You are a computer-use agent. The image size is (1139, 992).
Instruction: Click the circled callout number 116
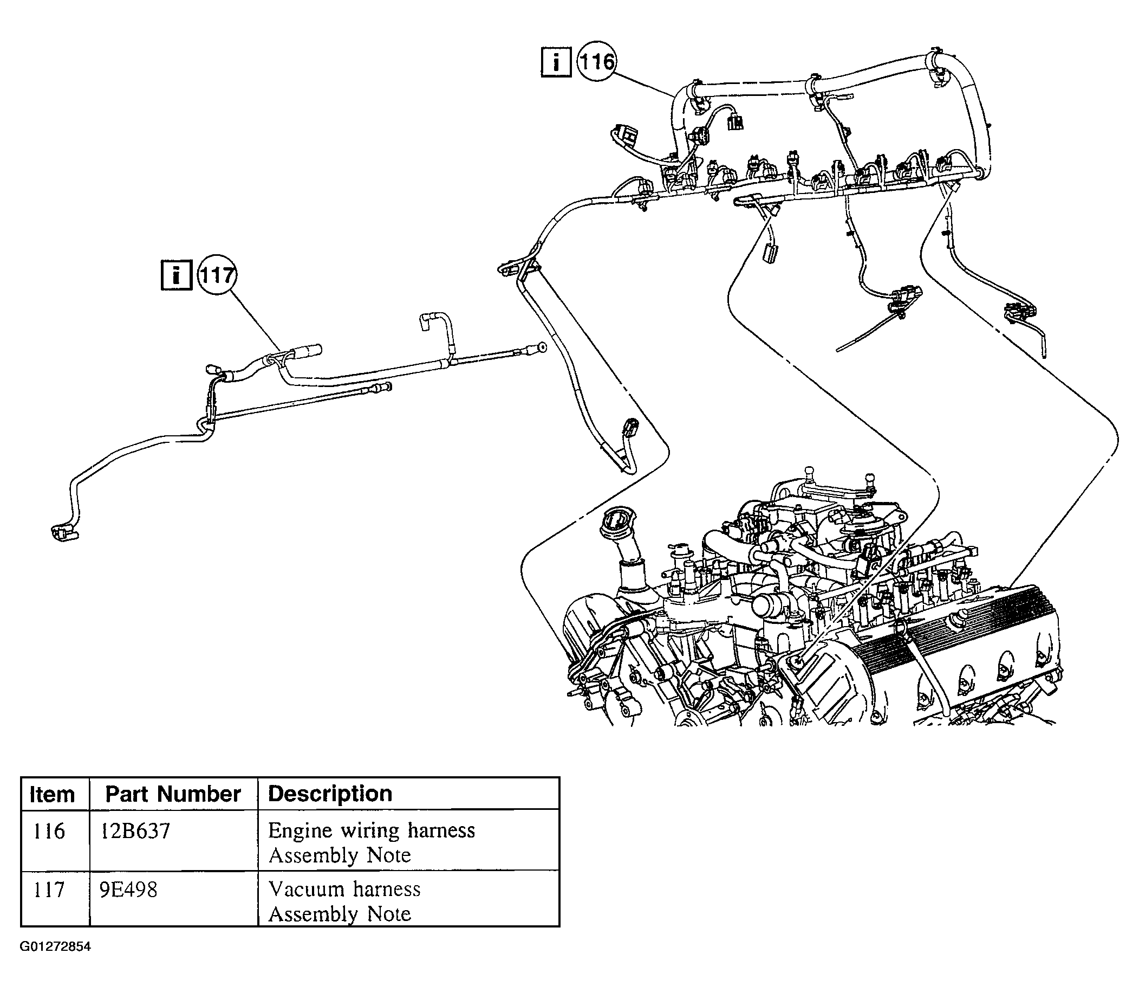[597, 61]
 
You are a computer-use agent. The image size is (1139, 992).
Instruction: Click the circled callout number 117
[216, 275]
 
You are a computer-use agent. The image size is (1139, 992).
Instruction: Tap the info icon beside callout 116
[555, 62]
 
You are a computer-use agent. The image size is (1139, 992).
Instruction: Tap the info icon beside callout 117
[177, 275]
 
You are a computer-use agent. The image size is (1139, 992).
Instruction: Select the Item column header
[52, 794]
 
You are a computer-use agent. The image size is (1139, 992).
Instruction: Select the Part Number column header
[173, 794]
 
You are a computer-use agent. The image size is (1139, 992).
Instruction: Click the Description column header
[330, 794]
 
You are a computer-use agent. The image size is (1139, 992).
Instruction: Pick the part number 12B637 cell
[135, 831]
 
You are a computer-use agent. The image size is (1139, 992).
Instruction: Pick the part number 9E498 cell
[128, 890]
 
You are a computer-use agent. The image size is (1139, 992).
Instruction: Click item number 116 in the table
[49, 831]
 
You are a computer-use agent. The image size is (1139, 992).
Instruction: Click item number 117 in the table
[49, 890]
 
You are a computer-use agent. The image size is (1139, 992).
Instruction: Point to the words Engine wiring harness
[372, 831]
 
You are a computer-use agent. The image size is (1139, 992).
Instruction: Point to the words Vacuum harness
[344, 889]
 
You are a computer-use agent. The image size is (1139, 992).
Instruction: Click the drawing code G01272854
[55, 946]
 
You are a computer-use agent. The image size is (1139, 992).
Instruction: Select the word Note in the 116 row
[389, 856]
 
